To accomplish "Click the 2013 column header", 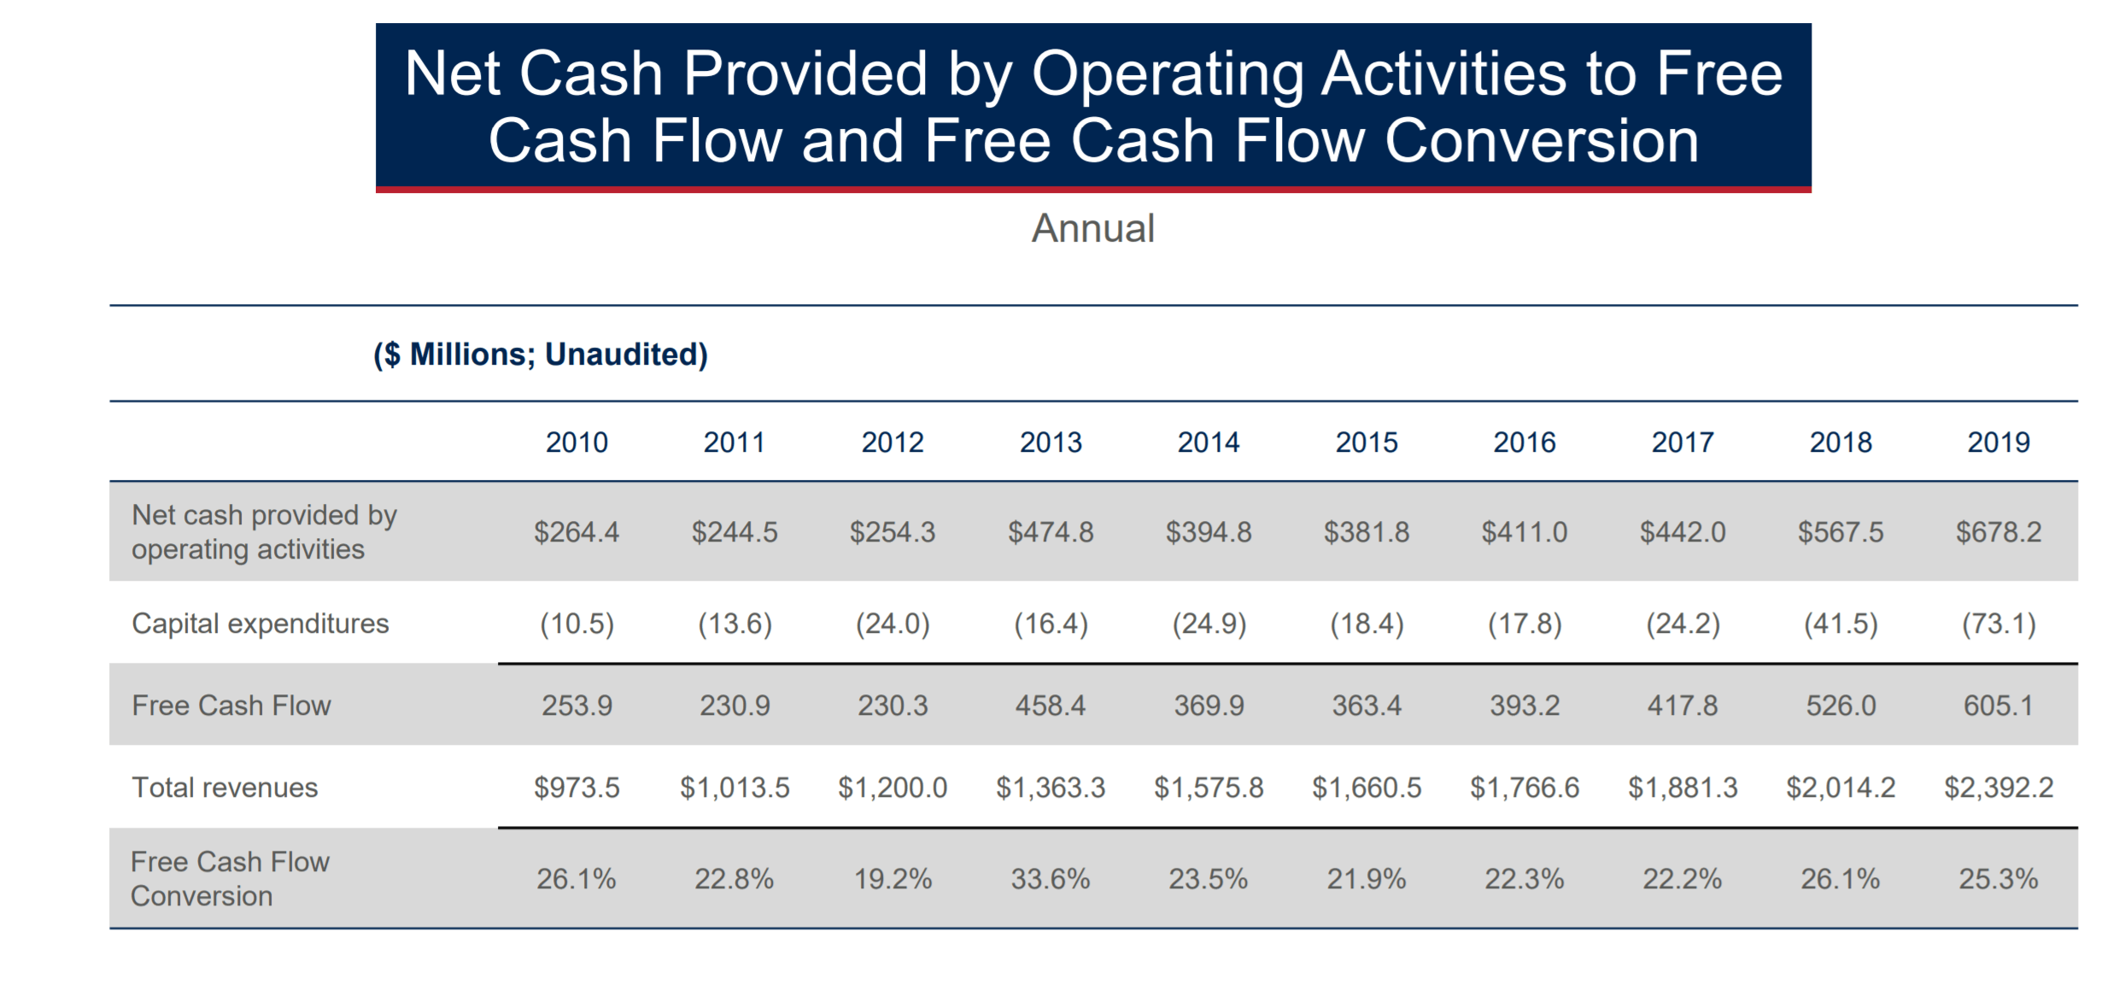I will click(x=1051, y=442).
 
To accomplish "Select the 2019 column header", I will click(x=1998, y=442).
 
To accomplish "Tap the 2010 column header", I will click(x=577, y=442).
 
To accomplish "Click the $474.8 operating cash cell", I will click(x=1051, y=532).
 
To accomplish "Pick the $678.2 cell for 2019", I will click(x=1998, y=532).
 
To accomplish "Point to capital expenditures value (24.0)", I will click(x=893, y=624).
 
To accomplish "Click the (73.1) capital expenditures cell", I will click(x=1998, y=624).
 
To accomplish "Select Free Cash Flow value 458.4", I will click(x=1051, y=706).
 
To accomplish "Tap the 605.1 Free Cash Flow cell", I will click(x=1998, y=706).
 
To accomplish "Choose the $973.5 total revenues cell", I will click(x=577, y=788).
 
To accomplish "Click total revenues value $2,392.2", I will click(x=1998, y=788).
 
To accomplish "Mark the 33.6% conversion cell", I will click(x=1051, y=879).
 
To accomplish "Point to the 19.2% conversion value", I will click(x=893, y=879).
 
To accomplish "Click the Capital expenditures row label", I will click(x=260, y=624).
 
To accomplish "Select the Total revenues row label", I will click(x=225, y=788).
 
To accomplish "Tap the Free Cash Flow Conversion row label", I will click(x=230, y=879).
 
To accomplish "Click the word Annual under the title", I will click(x=1092, y=229).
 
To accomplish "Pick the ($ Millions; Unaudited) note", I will click(x=541, y=354).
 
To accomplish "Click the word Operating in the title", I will click(x=1168, y=74).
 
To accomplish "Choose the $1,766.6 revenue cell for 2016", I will click(x=1525, y=788).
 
